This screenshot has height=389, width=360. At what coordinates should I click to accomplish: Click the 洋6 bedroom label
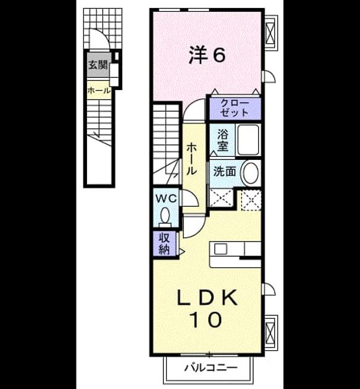pyautogui.click(x=207, y=55)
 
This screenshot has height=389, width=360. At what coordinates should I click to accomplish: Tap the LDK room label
pyautogui.click(x=207, y=297)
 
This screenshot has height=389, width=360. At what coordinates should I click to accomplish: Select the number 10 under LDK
pyautogui.click(x=206, y=319)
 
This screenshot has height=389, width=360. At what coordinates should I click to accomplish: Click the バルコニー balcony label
pyautogui.click(x=211, y=367)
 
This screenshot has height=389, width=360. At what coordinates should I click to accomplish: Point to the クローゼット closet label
pyautogui.click(x=235, y=109)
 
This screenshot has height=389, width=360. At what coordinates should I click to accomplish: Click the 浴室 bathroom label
pyautogui.click(x=223, y=141)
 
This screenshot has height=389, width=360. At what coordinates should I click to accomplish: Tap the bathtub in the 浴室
pyautogui.click(x=248, y=140)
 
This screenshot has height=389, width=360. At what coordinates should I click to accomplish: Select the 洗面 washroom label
pyautogui.click(x=225, y=171)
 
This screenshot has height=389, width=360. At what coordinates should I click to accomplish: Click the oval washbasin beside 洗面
pyautogui.click(x=251, y=173)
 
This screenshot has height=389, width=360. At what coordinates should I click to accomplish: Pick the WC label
pyautogui.click(x=165, y=198)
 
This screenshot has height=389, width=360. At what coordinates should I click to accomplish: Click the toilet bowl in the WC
pyautogui.click(x=165, y=215)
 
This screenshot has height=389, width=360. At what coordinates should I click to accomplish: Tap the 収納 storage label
pyautogui.click(x=164, y=244)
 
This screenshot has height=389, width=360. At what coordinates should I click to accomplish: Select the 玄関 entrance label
pyautogui.click(x=98, y=65)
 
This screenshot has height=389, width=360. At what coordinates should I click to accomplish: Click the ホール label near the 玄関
pyautogui.click(x=99, y=91)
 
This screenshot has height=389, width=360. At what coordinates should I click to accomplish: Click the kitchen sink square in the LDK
pyautogui.click(x=220, y=249)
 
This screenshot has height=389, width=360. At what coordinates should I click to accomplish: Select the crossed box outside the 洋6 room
pyautogui.click(x=270, y=33)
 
